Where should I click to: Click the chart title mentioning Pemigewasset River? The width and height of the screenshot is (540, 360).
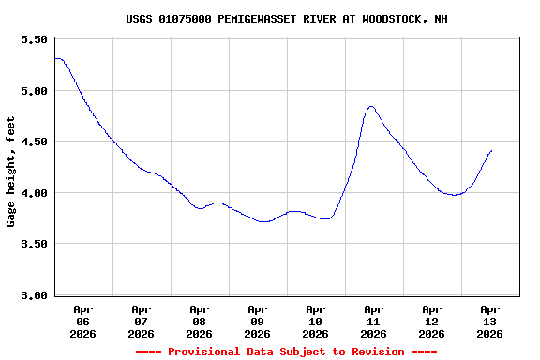pyautogui.click(x=287, y=19)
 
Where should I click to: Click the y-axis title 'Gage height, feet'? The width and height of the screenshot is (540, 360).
pyautogui.click(x=11, y=172)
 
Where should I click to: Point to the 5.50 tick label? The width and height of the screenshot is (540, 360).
pyautogui.click(x=33, y=40)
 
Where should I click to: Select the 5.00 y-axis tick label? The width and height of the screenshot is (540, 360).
pyautogui.click(x=33, y=91)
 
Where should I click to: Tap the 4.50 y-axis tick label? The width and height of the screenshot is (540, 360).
pyautogui.click(x=33, y=142)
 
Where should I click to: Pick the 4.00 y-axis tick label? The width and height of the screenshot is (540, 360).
pyautogui.click(x=33, y=193)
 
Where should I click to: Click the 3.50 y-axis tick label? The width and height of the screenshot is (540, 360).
pyautogui.click(x=33, y=244)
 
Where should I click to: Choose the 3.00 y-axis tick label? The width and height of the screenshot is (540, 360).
pyautogui.click(x=33, y=295)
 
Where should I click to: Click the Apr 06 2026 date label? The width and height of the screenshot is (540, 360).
pyautogui.click(x=82, y=321)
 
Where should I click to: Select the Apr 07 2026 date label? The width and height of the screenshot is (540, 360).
pyautogui.click(x=141, y=321)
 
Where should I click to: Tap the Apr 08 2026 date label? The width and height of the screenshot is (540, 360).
pyautogui.click(x=199, y=321)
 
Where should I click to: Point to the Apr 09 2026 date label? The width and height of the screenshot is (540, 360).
pyautogui.click(x=257, y=321)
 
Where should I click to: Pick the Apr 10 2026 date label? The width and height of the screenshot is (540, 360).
pyautogui.click(x=315, y=321)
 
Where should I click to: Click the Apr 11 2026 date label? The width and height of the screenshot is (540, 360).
pyautogui.click(x=373, y=321)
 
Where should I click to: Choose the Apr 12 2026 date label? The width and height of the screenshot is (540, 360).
pyautogui.click(x=431, y=321)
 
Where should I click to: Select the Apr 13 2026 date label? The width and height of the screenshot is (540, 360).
pyautogui.click(x=489, y=321)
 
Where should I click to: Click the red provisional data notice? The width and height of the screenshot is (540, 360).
pyautogui.click(x=286, y=352)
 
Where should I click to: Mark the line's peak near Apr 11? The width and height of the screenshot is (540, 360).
pyautogui.click(x=371, y=107)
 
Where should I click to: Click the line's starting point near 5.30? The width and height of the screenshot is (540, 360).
pyautogui.click(x=55, y=59)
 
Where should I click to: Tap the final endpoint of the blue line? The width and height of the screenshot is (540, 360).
pyautogui.click(x=491, y=150)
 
